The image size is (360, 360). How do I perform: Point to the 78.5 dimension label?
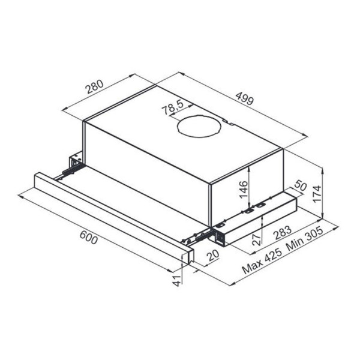172,109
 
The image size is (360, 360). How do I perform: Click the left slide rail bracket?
75,164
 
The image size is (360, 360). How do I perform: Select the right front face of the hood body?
246,180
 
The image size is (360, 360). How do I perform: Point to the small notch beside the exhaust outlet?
225,123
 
